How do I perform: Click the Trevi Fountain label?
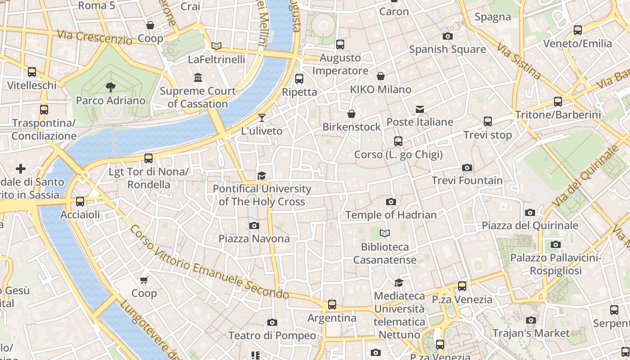point(467,180)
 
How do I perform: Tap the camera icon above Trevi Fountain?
point(467,168)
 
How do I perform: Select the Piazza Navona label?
point(254,238)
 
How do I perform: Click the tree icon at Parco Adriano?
point(110,87)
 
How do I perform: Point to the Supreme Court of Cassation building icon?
point(198,78)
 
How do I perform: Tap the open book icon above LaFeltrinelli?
point(216,46)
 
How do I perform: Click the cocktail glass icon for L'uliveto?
point(262,118)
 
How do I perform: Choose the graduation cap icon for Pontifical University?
point(262,175)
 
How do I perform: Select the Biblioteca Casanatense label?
point(385,253)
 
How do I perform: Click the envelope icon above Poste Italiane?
point(420,109)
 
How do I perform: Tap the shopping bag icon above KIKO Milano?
point(381,76)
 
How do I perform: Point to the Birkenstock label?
point(351,127)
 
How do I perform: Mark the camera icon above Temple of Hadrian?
point(391,202)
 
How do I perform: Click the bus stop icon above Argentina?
point(332,305)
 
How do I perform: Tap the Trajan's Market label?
point(531,333)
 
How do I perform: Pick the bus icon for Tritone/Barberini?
point(558,102)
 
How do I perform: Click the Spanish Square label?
point(447,49)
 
